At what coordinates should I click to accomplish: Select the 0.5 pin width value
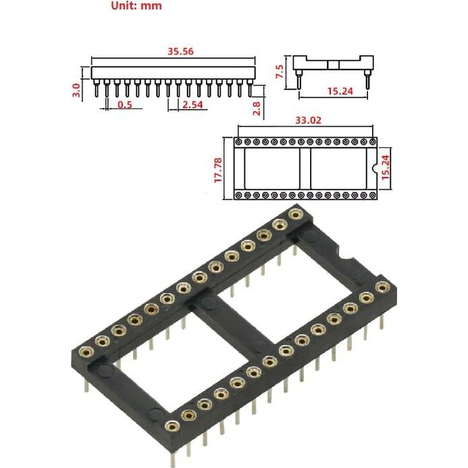pos(125,105)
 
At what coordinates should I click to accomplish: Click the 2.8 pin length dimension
pos(257,109)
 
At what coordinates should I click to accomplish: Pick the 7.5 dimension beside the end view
pos(280,72)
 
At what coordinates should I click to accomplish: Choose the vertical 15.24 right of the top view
pos(386,165)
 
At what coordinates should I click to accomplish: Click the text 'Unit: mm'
pos(136,7)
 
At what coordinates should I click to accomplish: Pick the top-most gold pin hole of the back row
pos(294,215)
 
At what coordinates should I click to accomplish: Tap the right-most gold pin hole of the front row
pos(383,287)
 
